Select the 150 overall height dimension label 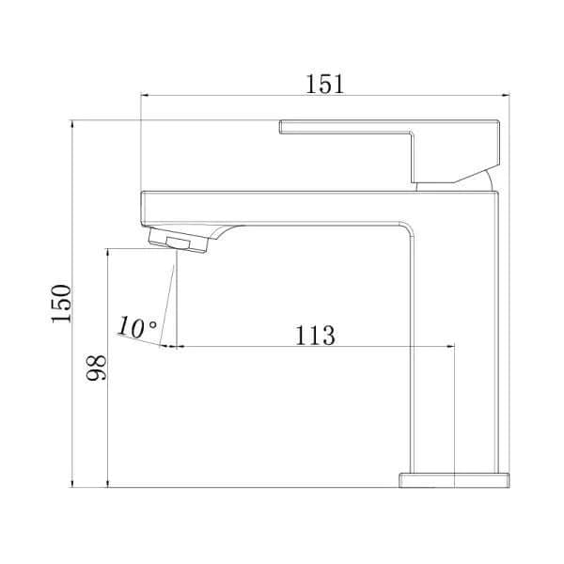61,303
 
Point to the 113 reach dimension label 315,334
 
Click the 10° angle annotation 137,327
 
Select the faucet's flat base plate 454,479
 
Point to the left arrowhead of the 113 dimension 171,346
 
